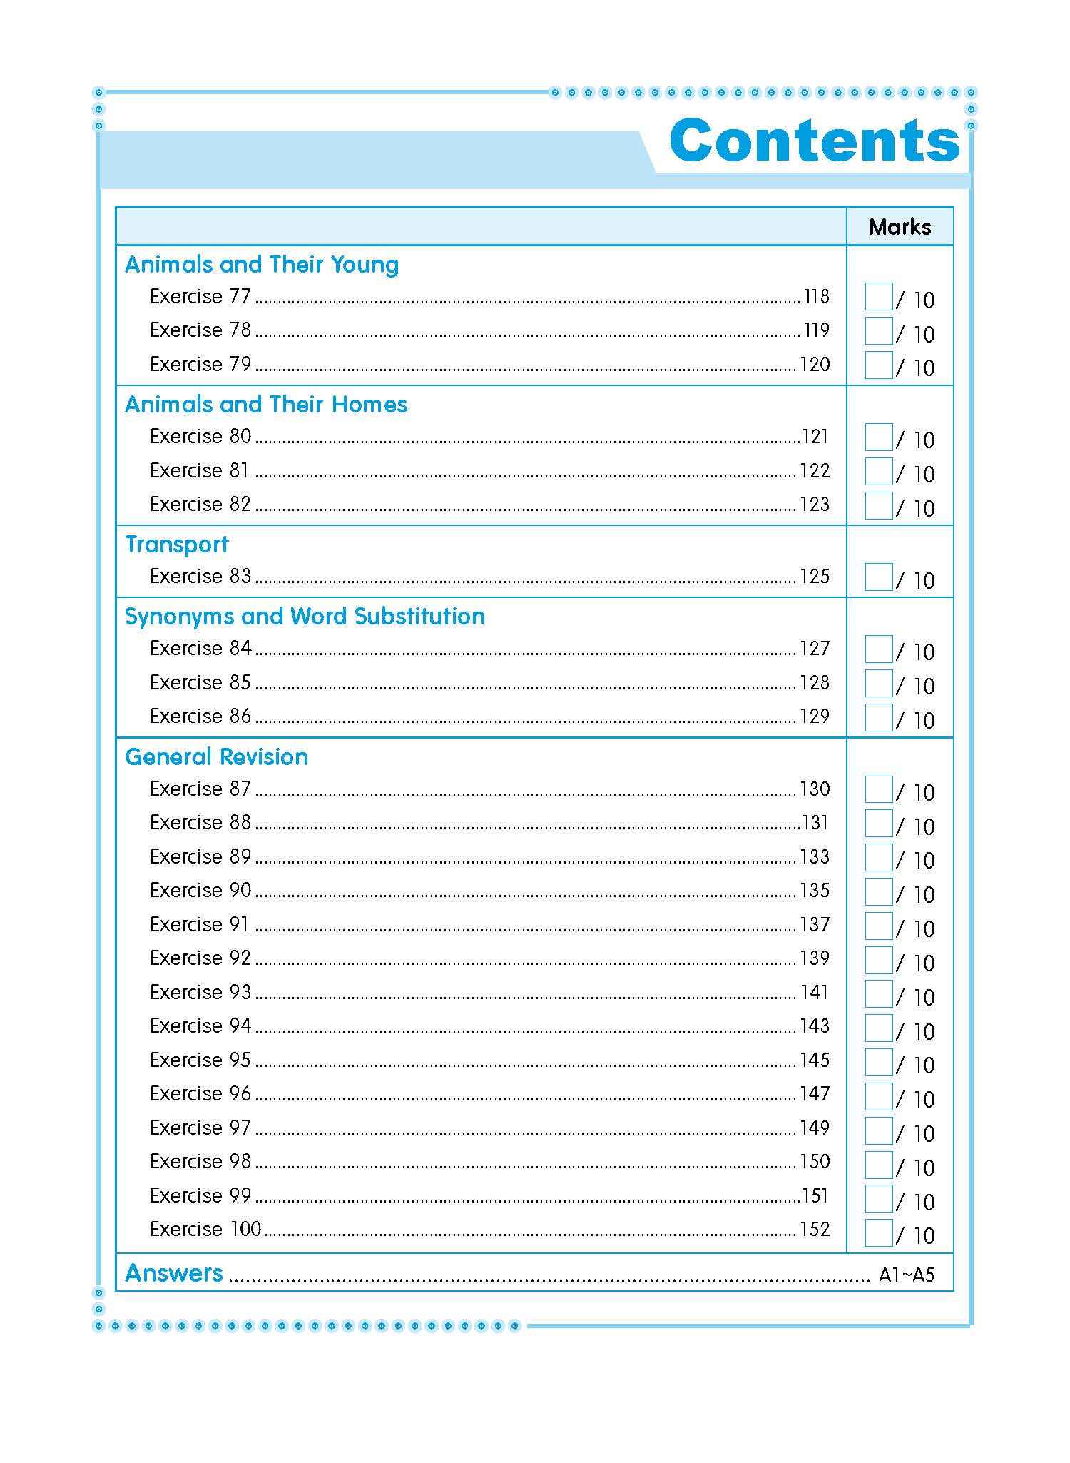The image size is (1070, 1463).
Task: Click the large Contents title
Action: coord(815,140)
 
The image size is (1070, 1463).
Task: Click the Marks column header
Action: coord(900,227)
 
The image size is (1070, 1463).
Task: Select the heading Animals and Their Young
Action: coord(262,265)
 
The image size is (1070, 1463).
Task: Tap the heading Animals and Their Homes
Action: coord(266,405)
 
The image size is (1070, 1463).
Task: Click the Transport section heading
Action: coord(177,545)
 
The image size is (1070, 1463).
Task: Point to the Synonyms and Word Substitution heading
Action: coord(305,617)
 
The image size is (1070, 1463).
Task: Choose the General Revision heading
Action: coord(217,756)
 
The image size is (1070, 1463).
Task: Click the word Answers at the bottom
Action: coord(174,1273)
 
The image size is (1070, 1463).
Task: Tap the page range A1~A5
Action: coord(906,1275)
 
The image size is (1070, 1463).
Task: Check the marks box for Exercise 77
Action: coord(878,297)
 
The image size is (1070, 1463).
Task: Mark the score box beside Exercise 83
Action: coord(878,577)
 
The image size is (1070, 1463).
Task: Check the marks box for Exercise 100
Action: coord(878,1232)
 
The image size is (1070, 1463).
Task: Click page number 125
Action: coord(815,577)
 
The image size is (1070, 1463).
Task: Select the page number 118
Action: coord(816,297)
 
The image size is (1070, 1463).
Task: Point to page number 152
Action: coord(815,1230)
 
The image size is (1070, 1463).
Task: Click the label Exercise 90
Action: coord(200,891)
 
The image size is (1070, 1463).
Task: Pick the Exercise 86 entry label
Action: coord(200,717)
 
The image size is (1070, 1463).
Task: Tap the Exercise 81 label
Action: coord(199,471)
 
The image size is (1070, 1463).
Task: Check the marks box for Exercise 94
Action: coord(878,1028)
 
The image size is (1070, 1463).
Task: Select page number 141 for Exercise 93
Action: coord(815,993)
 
